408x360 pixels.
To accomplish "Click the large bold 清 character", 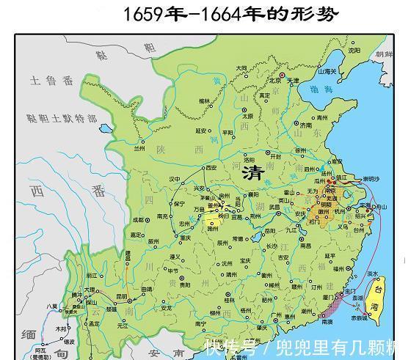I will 253,173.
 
